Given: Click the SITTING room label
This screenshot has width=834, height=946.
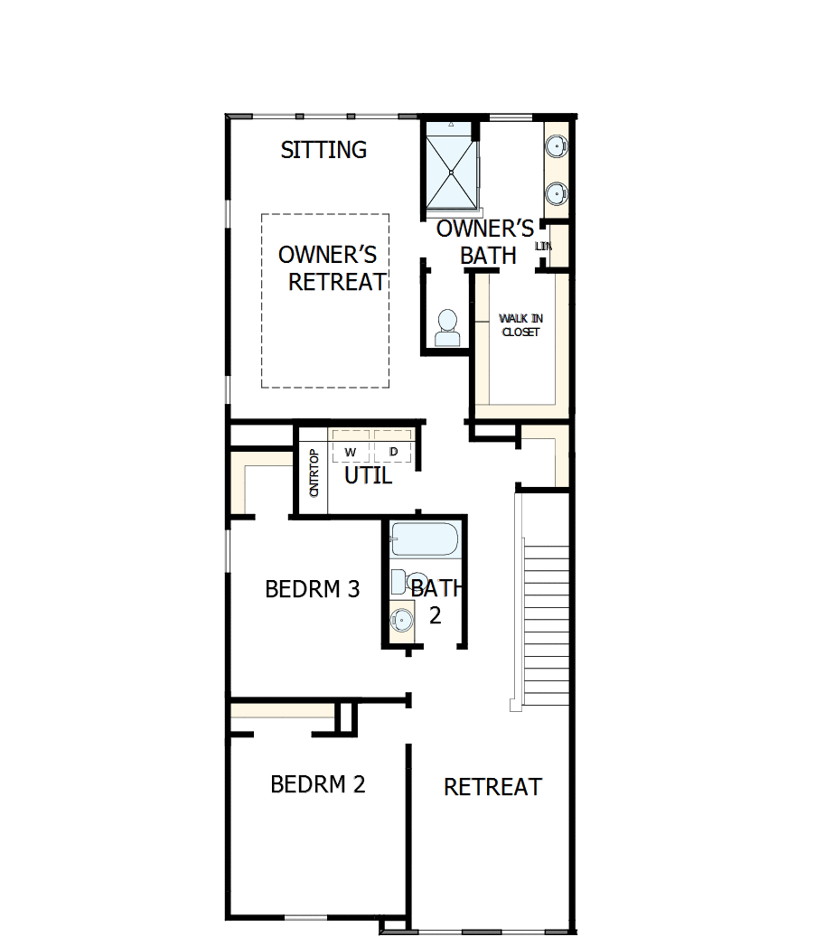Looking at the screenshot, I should pyautogui.click(x=323, y=150).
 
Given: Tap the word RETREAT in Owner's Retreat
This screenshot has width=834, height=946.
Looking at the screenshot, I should pyautogui.click(x=337, y=282).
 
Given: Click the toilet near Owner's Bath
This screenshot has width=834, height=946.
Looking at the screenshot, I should pyautogui.click(x=447, y=327).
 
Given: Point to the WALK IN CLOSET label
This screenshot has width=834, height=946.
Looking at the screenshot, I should pyautogui.click(x=521, y=325).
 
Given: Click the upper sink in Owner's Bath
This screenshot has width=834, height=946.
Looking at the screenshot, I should pyautogui.click(x=557, y=145).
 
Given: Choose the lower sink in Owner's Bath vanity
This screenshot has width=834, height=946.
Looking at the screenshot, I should pyautogui.click(x=557, y=192).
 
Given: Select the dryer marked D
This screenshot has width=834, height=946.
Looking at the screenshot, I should pyautogui.click(x=394, y=451).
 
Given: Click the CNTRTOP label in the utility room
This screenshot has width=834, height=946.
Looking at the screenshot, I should pyautogui.click(x=314, y=473).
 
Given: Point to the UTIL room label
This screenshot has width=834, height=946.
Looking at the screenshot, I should pyautogui.click(x=369, y=475).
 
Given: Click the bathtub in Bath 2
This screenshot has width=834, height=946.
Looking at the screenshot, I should pyautogui.click(x=426, y=539).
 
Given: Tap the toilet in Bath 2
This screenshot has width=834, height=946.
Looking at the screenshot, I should pyautogui.click(x=412, y=581).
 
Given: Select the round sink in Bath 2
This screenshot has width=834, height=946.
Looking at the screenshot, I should pyautogui.click(x=401, y=620).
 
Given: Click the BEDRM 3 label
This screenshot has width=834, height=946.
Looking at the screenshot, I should pyautogui.click(x=313, y=590).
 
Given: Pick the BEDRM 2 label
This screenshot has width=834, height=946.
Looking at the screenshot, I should pyautogui.click(x=318, y=784).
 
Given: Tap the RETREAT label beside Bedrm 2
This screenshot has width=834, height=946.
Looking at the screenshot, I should pyautogui.click(x=492, y=787).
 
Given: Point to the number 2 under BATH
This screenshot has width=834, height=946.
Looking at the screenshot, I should pyautogui.click(x=435, y=616).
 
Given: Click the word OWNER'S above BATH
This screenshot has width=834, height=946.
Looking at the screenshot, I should pyautogui.click(x=485, y=229).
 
